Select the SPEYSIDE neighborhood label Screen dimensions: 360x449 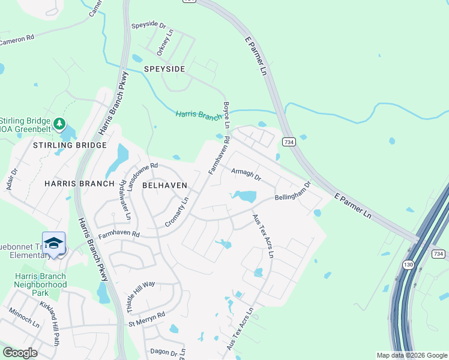(164, 70)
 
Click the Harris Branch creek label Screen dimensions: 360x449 (199, 115)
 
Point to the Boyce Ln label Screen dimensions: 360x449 (227, 115)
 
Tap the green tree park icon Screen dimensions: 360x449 (59, 124)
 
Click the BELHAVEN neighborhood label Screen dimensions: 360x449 (164, 185)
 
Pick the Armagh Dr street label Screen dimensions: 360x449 (246, 174)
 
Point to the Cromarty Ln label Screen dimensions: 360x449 (177, 212)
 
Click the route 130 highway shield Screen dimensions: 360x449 (409, 265)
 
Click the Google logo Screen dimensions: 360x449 (20, 353)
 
